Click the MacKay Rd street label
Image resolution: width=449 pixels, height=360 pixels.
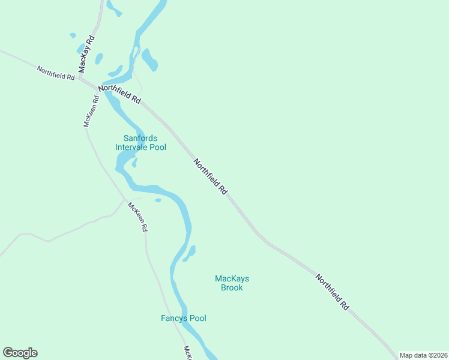86,54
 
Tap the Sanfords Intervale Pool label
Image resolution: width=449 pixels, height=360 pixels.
140,143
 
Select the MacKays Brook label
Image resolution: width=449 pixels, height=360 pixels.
232,283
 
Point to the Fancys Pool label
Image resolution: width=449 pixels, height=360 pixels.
183,318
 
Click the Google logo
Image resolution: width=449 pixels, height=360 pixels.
20,353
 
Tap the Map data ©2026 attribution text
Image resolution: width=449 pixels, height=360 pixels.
424,355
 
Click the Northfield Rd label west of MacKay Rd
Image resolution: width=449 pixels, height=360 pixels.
55,73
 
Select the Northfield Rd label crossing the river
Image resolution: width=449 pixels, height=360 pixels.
119,95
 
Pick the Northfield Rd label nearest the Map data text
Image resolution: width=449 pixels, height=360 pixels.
332,292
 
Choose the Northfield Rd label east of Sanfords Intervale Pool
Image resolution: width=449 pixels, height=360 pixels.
210,176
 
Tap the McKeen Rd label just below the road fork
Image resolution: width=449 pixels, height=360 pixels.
137,217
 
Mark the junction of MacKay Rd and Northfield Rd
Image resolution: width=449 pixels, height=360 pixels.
80,78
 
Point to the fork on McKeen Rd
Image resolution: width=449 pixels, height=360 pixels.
125,199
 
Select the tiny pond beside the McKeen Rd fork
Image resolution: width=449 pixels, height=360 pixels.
158,200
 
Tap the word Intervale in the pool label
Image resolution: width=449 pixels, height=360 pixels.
133,147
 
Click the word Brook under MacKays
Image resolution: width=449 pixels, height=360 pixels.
232,288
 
